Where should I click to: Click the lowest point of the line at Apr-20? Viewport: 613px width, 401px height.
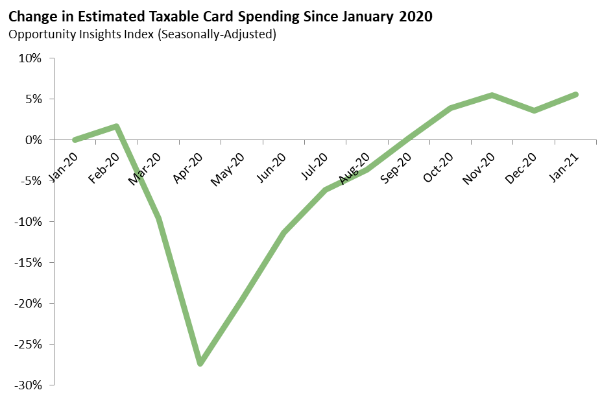(200, 363)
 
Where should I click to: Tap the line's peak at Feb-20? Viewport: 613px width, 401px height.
(117, 127)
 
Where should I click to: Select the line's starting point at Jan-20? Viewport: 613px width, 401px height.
(75, 140)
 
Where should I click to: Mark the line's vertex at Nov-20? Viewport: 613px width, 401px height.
(492, 95)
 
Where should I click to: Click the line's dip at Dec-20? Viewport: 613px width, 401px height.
(534, 110)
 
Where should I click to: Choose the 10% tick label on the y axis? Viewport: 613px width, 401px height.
(29, 58)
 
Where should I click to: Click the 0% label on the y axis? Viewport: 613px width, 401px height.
(32, 140)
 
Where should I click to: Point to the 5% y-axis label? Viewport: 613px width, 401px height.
(32, 99)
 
